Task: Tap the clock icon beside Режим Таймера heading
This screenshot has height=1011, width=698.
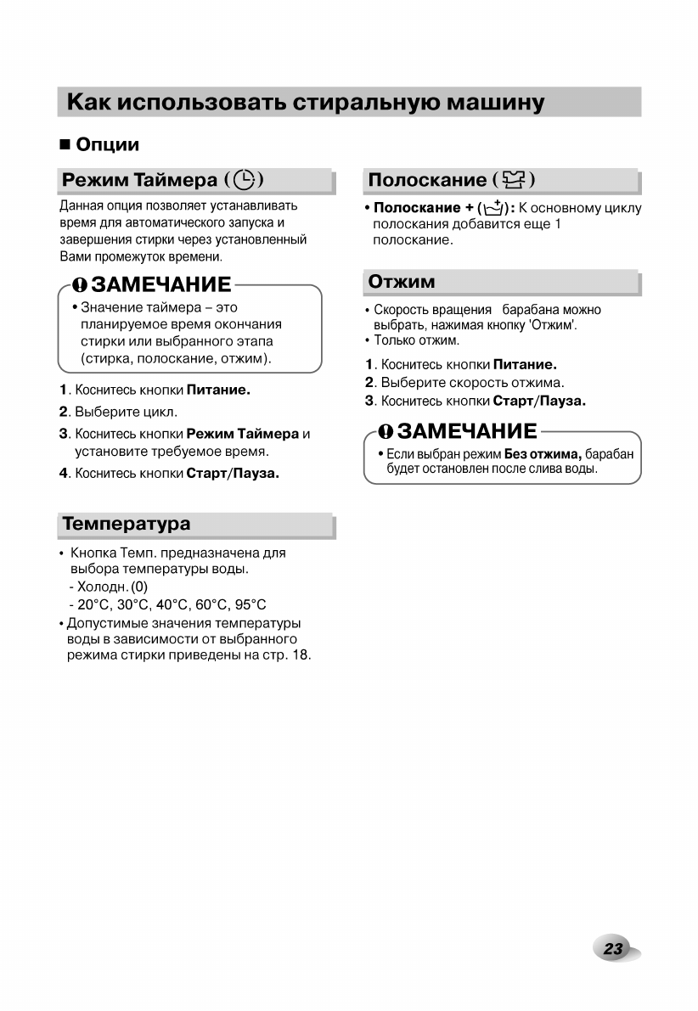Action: coord(244,180)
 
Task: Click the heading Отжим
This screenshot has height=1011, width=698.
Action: coord(402,282)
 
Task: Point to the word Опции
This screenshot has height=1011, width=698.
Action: coord(108,144)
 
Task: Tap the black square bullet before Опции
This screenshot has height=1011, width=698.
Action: coord(65,145)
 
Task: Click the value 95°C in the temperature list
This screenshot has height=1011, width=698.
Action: coord(249,604)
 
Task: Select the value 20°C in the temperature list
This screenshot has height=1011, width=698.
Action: coord(95,604)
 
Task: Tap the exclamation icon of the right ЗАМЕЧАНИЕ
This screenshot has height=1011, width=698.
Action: coord(385,431)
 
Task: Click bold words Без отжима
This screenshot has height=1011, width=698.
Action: coord(543,454)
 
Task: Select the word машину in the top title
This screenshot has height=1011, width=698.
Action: coord(496,103)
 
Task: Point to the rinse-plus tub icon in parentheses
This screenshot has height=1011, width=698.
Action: coord(493,207)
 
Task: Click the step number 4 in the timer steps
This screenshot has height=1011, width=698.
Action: coord(63,473)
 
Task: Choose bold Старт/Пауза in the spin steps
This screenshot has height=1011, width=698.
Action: coord(539,401)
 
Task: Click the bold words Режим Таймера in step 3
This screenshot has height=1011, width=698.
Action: coord(243,434)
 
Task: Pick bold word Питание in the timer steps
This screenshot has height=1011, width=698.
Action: coord(219,390)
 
